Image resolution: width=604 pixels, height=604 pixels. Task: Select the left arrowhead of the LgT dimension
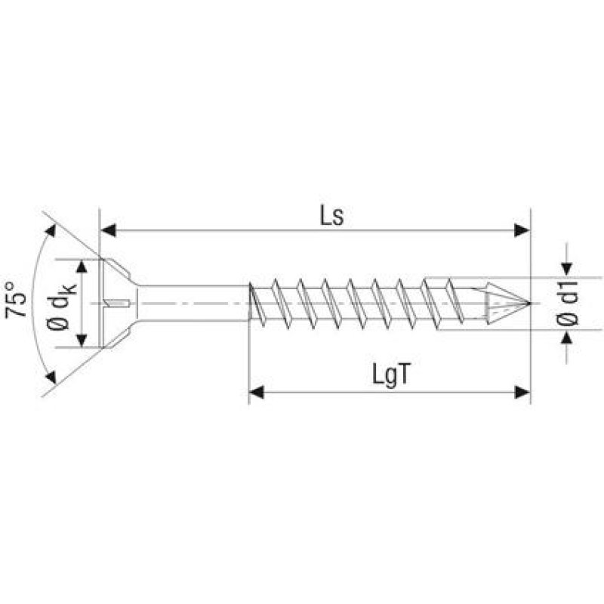click(257, 391)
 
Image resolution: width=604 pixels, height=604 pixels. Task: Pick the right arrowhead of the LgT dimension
click(522, 391)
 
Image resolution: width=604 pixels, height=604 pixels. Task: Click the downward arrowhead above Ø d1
click(567, 270)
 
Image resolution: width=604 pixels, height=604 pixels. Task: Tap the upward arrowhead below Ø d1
click(567, 337)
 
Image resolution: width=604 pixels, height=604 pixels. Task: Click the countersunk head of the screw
click(117, 304)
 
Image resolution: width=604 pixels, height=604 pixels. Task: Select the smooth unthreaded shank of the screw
click(193, 304)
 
